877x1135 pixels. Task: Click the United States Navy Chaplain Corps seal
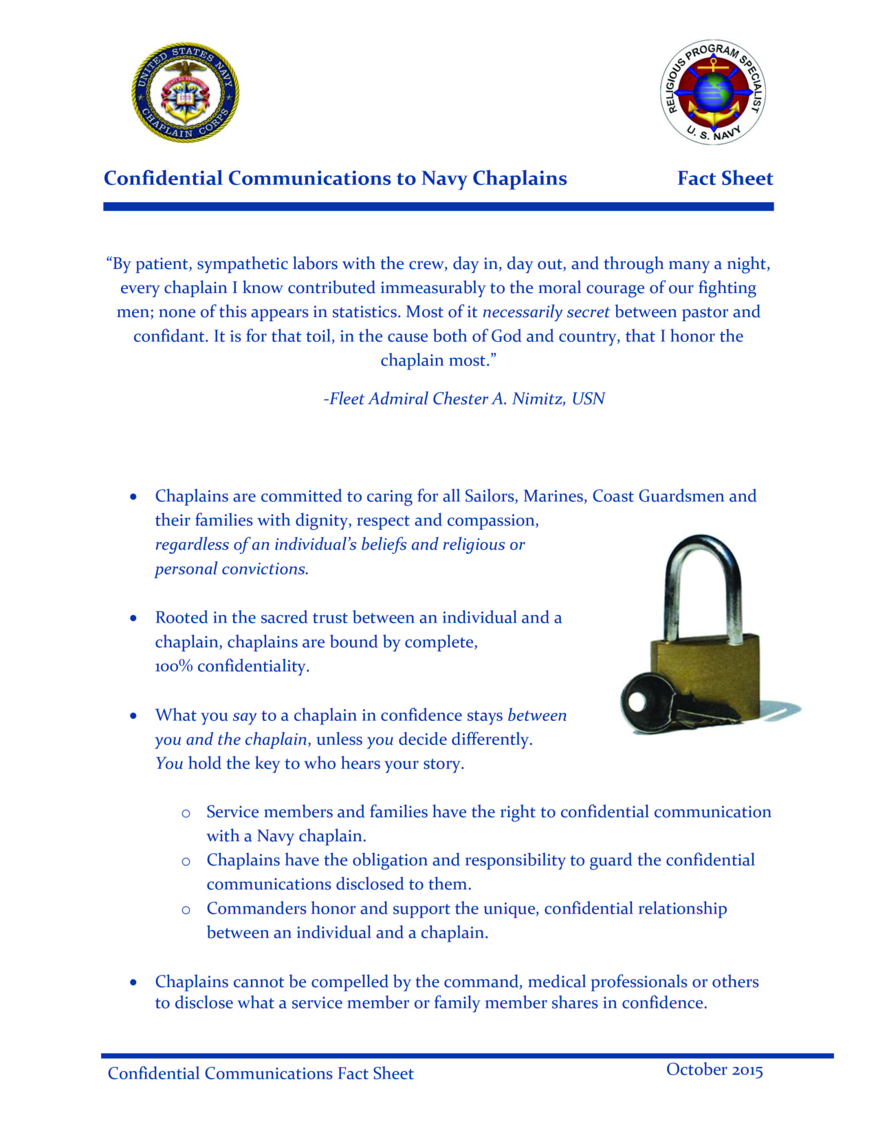(x=186, y=93)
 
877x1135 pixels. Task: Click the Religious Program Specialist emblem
(x=713, y=92)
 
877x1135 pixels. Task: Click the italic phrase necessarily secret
(x=546, y=312)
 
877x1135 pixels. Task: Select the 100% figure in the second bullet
(x=174, y=666)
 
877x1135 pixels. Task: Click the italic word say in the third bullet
(x=245, y=716)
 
